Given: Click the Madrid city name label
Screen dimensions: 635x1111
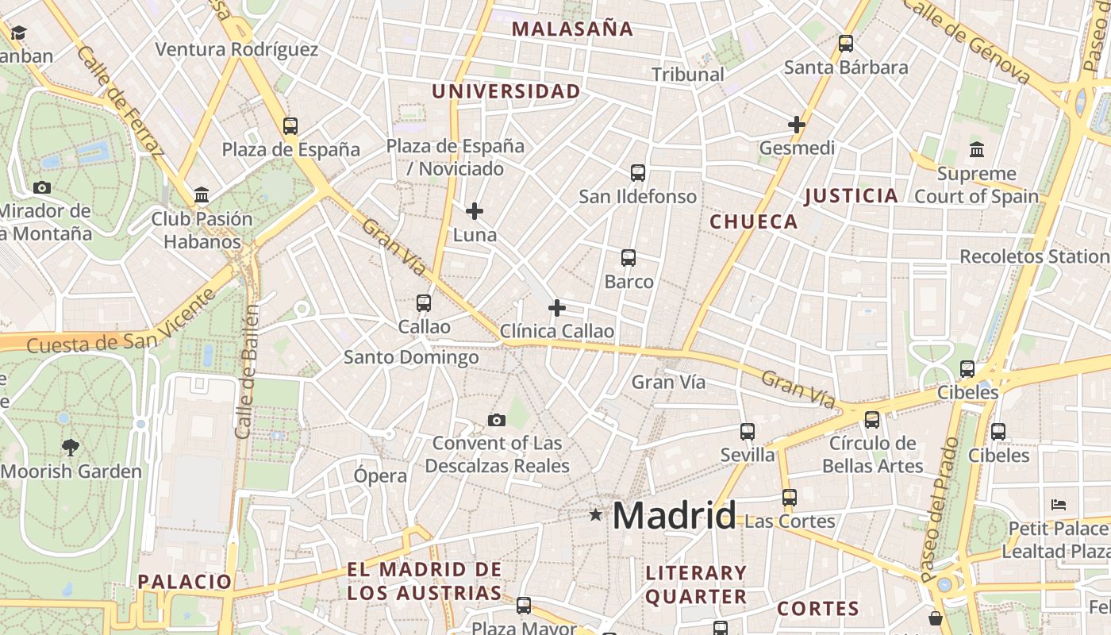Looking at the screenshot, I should pyautogui.click(x=674, y=516).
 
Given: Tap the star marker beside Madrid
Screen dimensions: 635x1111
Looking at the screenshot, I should pyautogui.click(x=595, y=515).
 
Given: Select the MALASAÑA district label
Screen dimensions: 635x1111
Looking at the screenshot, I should pyautogui.click(x=572, y=29).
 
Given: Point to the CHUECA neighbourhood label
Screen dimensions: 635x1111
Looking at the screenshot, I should pyautogui.click(x=753, y=221).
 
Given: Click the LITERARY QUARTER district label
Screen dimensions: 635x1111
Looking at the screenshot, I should pyautogui.click(x=696, y=584).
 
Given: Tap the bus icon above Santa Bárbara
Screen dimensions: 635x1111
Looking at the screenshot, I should pyautogui.click(x=846, y=44).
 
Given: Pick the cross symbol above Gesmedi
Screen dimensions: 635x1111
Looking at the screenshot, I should pyautogui.click(x=797, y=125).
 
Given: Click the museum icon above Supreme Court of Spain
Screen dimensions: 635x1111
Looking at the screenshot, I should pyautogui.click(x=977, y=149).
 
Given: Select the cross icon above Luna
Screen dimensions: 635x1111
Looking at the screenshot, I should pyautogui.click(x=475, y=211).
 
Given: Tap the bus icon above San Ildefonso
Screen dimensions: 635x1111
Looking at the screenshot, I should pyautogui.click(x=638, y=172).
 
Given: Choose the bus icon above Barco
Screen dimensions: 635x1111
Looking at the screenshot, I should pyautogui.click(x=629, y=257).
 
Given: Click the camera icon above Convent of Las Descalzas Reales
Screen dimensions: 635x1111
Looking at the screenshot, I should pyautogui.click(x=497, y=420).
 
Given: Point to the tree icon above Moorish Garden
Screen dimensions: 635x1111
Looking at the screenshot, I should pyautogui.click(x=71, y=447).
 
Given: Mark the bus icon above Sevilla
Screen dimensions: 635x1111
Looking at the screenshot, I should pyautogui.click(x=748, y=431).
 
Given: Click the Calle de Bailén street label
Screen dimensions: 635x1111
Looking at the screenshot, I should pyautogui.click(x=249, y=371).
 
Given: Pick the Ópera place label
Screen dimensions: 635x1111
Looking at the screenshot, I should pyautogui.click(x=380, y=475).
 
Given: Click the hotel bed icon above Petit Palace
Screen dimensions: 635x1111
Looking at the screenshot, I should pyautogui.click(x=1058, y=504).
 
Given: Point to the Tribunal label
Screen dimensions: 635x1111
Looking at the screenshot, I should pyautogui.click(x=688, y=74).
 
